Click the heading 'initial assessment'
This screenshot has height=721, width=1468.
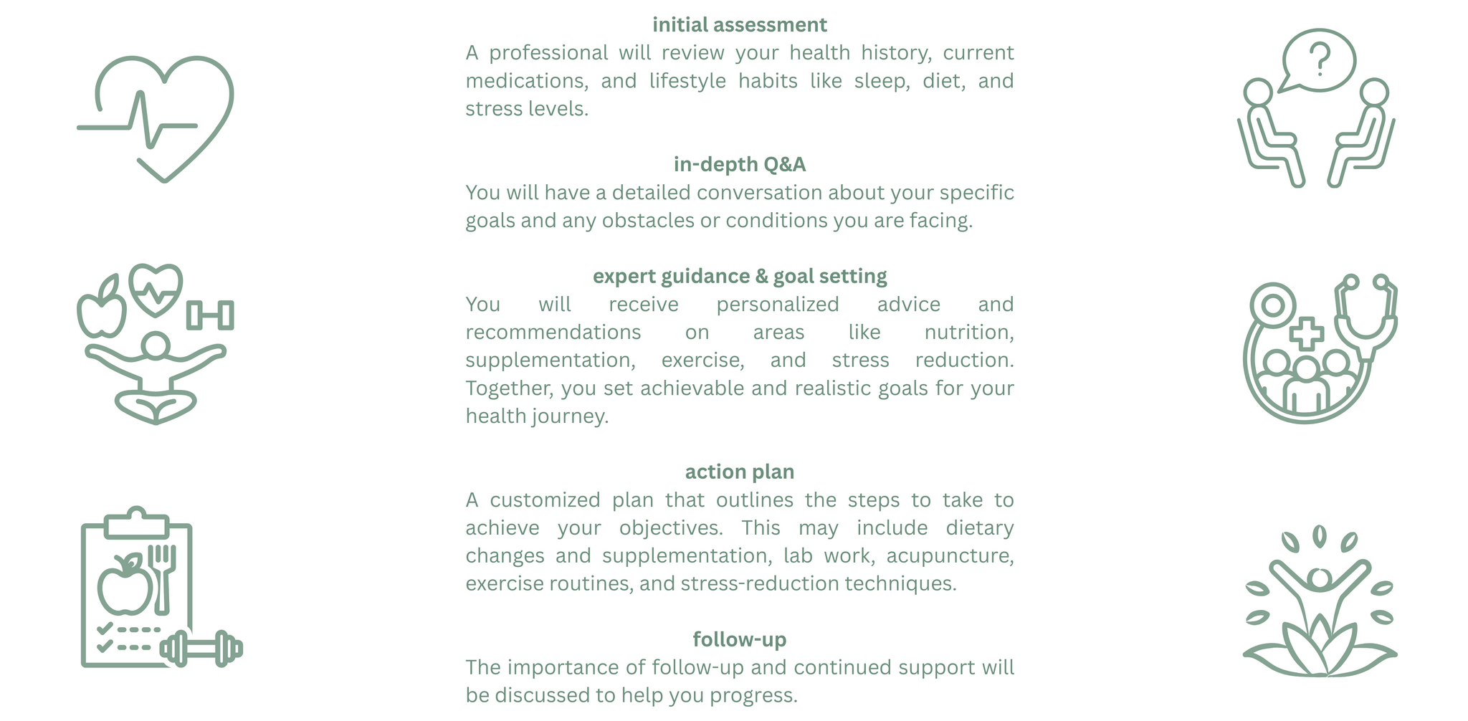(739, 25)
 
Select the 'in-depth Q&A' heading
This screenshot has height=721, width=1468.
(739, 165)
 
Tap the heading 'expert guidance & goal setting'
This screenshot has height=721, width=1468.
(739, 277)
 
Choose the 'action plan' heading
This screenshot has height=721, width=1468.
(739, 472)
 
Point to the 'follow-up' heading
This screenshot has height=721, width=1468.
(739, 639)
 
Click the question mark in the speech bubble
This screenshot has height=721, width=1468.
(1319, 59)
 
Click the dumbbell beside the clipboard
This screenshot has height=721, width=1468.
(201, 649)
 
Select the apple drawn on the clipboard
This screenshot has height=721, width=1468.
(125, 585)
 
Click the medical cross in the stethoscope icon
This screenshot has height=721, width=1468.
(1306, 334)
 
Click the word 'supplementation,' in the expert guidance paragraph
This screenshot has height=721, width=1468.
(550, 360)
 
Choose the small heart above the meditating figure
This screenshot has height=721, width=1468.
(156, 289)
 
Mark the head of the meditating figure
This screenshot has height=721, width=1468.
(156, 346)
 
